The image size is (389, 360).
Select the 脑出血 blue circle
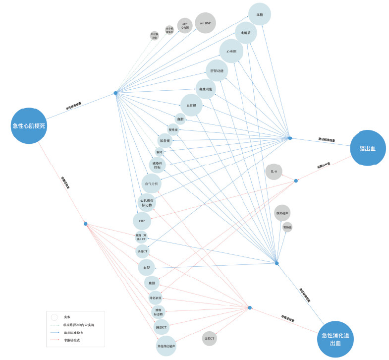[367, 148]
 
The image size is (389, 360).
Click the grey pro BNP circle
[205, 23]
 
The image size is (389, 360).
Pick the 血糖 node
[259, 14]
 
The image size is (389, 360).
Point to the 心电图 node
[231, 51]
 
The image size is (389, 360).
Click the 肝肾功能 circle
[217, 70]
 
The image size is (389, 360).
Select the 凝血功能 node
[206, 89]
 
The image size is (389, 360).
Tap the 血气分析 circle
[152, 184]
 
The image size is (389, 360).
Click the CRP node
[142, 221]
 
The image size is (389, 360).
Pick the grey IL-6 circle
[274, 172]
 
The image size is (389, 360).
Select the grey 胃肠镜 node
[287, 227]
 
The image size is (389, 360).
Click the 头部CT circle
[143, 251]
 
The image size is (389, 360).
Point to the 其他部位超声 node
[166, 345]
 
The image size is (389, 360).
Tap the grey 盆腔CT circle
[210, 339]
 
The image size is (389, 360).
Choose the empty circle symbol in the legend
[54, 316]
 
